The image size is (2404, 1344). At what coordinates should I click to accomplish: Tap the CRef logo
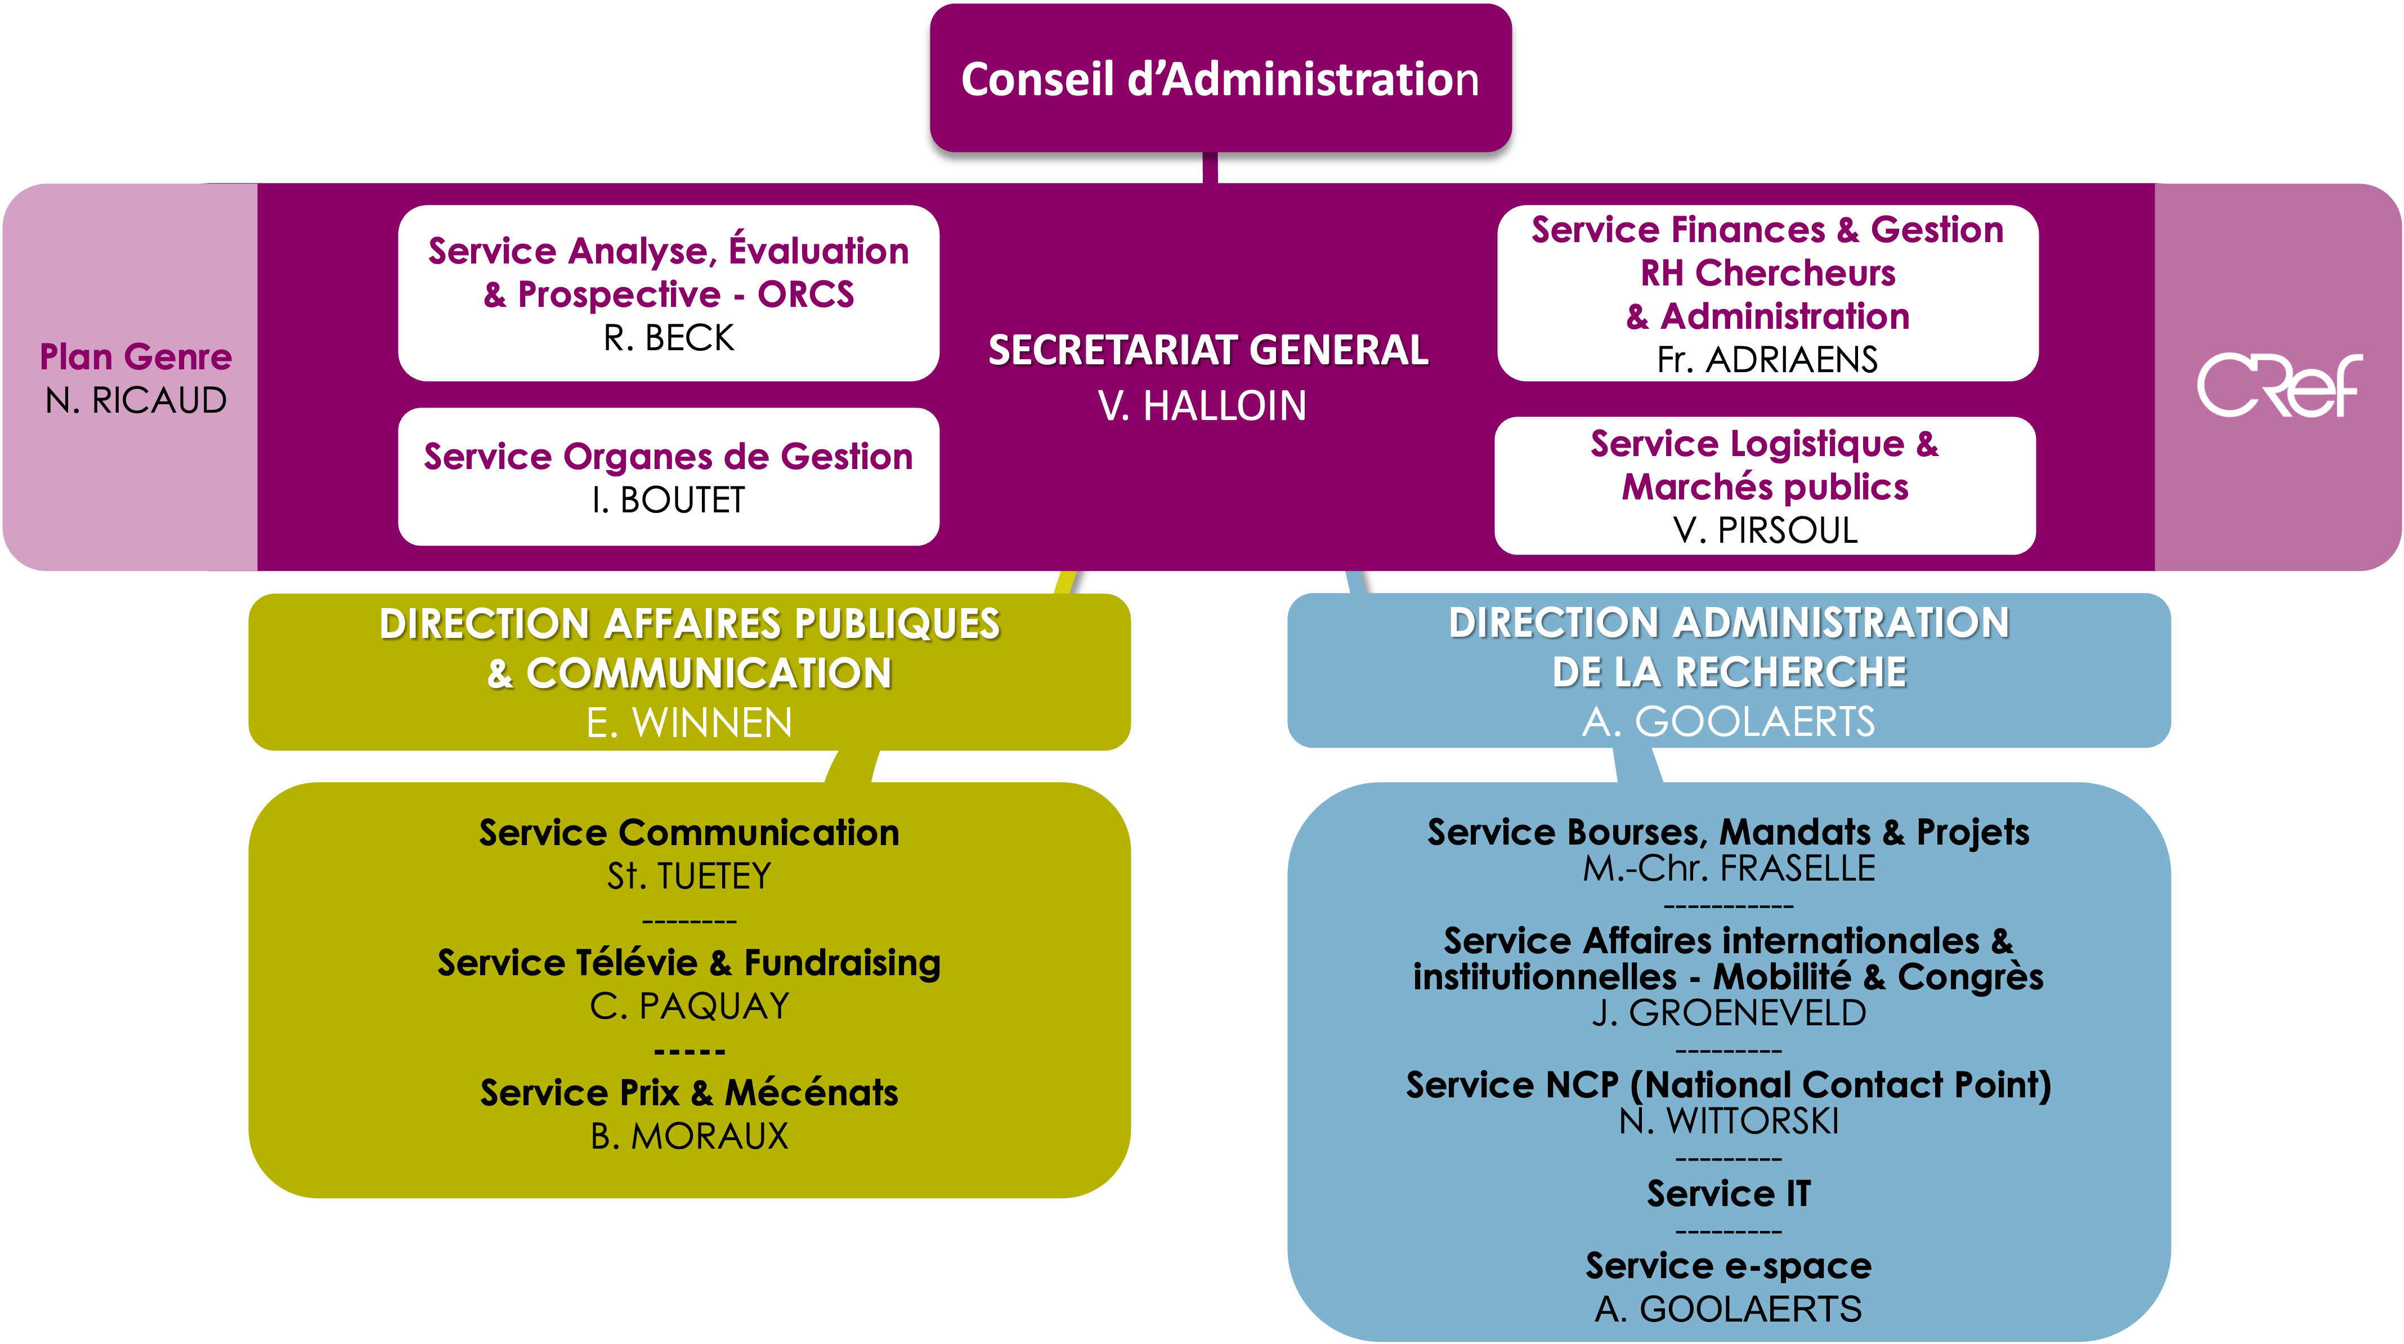(2278, 385)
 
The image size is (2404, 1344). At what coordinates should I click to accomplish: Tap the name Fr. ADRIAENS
(1767, 359)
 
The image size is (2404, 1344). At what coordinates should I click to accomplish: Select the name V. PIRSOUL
(1765, 530)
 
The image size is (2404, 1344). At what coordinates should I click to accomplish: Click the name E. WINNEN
(689, 722)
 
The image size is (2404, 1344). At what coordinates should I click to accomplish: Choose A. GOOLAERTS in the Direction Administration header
(1729, 721)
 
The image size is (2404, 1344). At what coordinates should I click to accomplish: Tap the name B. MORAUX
(689, 1136)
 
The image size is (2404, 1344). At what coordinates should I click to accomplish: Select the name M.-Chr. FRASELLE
(1729, 869)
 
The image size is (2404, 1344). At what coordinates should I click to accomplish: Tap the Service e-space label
(1729, 1266)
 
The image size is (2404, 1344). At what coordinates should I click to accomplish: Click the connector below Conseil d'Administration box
(1210, 168)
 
